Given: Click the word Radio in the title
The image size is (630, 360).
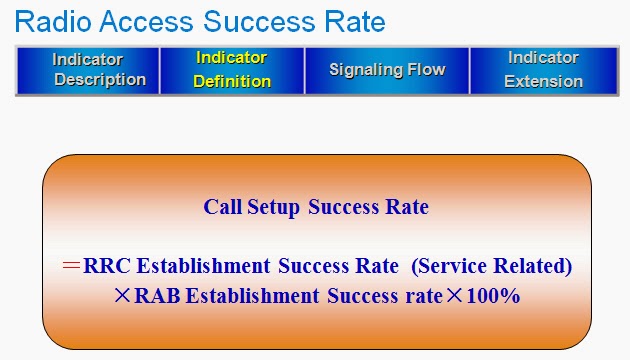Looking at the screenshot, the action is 53,21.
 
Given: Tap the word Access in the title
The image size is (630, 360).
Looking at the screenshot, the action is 146,21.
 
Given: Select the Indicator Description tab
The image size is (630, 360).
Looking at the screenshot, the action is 88,71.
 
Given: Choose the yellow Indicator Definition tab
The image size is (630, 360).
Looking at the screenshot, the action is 232,71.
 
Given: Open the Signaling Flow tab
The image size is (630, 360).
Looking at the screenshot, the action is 387,71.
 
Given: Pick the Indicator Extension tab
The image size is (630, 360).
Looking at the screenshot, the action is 544,71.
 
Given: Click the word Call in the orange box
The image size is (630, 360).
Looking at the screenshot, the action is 223,207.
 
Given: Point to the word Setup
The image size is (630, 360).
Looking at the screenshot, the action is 273,208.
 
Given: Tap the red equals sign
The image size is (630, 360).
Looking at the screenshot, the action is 72,265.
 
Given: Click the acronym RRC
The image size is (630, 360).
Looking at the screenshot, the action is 107,266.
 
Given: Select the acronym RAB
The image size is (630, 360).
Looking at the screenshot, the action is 157,296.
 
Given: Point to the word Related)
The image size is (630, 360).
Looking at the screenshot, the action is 532,266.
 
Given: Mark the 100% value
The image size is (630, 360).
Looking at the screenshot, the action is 494,296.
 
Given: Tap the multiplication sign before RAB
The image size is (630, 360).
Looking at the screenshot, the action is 122,296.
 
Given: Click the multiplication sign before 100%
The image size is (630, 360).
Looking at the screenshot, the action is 455,296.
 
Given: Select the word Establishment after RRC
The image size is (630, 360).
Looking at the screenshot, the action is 203,266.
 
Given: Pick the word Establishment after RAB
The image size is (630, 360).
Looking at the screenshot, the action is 252,296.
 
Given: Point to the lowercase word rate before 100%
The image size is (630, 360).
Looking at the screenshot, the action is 424,297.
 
